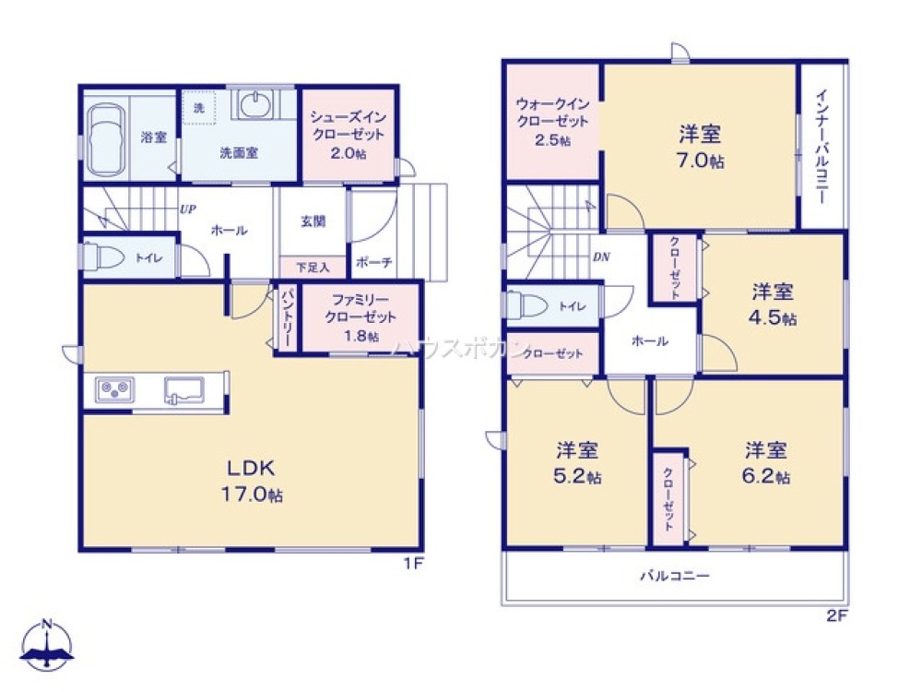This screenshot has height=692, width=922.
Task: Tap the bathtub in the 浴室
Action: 110,138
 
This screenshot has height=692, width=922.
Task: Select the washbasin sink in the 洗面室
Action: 254,107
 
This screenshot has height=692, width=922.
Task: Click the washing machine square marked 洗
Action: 199,107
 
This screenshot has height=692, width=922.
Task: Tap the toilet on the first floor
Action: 104,257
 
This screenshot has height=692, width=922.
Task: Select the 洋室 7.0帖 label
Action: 700,146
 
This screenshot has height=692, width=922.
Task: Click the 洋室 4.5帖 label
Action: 773,304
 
